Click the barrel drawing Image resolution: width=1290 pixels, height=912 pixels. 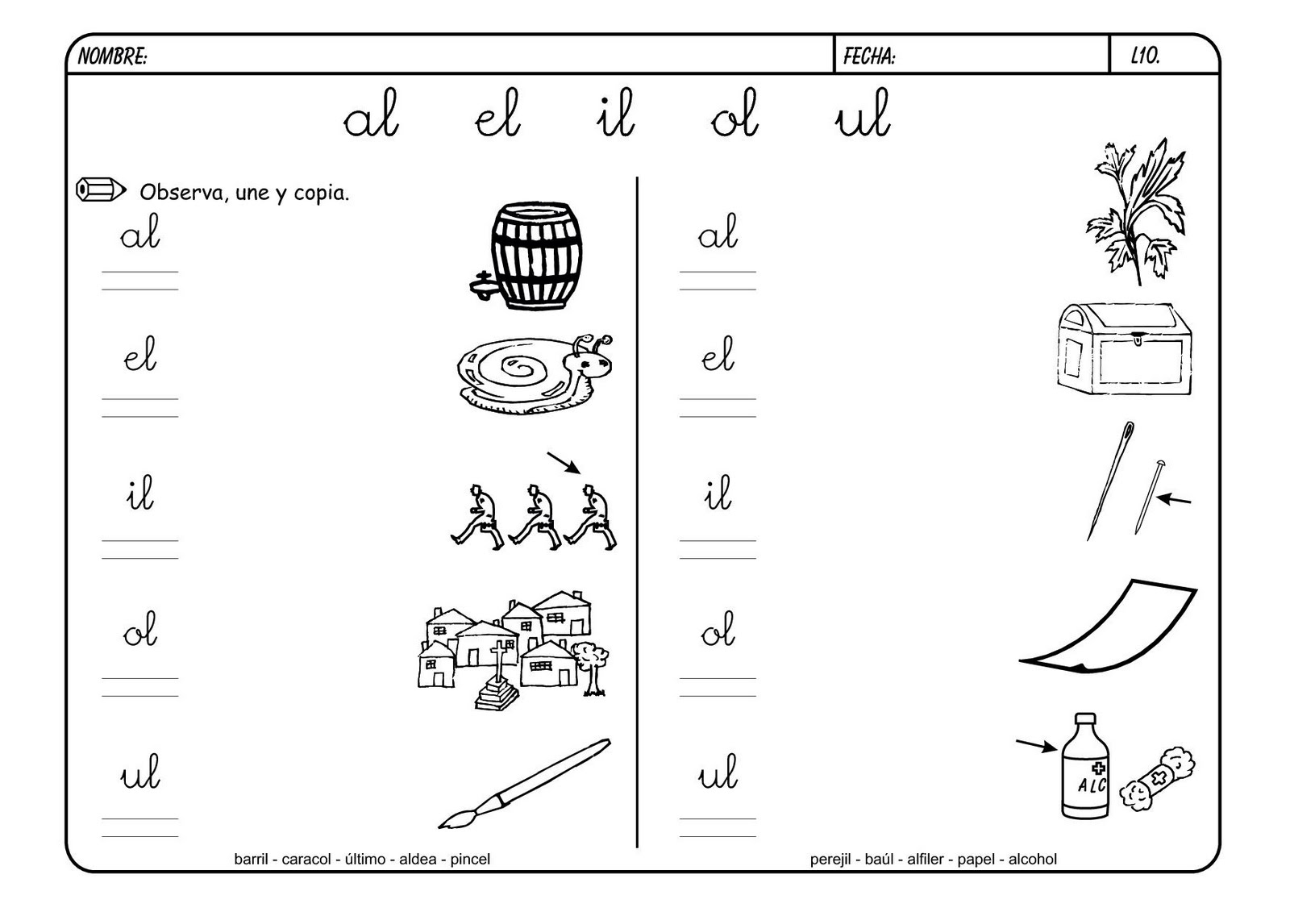(527, 256)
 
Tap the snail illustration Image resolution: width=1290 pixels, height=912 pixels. (535, 373)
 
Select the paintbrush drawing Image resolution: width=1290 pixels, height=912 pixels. (524, 784)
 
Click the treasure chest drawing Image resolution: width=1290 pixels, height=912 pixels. (1124, 349)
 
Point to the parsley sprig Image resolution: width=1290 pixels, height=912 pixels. (1134, 212)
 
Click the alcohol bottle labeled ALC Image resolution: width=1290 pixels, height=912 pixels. (1085, 766)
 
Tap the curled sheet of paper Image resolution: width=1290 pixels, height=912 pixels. (1109, 627)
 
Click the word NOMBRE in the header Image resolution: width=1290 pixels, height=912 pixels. (112, 56)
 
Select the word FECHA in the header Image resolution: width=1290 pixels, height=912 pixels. (869, 56)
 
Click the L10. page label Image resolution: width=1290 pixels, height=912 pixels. (1146, 56)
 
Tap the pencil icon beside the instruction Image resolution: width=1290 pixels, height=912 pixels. (101, 189)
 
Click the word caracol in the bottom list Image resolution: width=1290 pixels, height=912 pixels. (306, 859)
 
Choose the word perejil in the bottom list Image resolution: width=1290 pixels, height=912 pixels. (830, 860)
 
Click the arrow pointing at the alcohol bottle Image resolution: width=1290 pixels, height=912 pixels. (1036, 746)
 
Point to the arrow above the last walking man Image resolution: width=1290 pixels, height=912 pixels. (564, 463)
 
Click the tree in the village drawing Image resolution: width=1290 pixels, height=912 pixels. (591, 668)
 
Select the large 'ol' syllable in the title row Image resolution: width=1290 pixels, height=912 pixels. (734, 114)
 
